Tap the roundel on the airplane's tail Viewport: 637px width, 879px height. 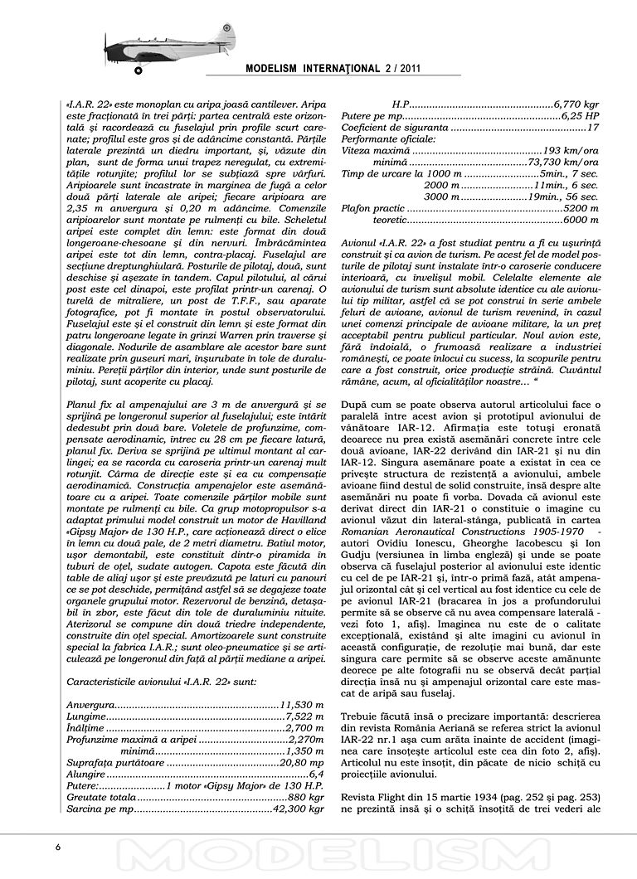223,31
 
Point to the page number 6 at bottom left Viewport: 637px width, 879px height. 58,847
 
